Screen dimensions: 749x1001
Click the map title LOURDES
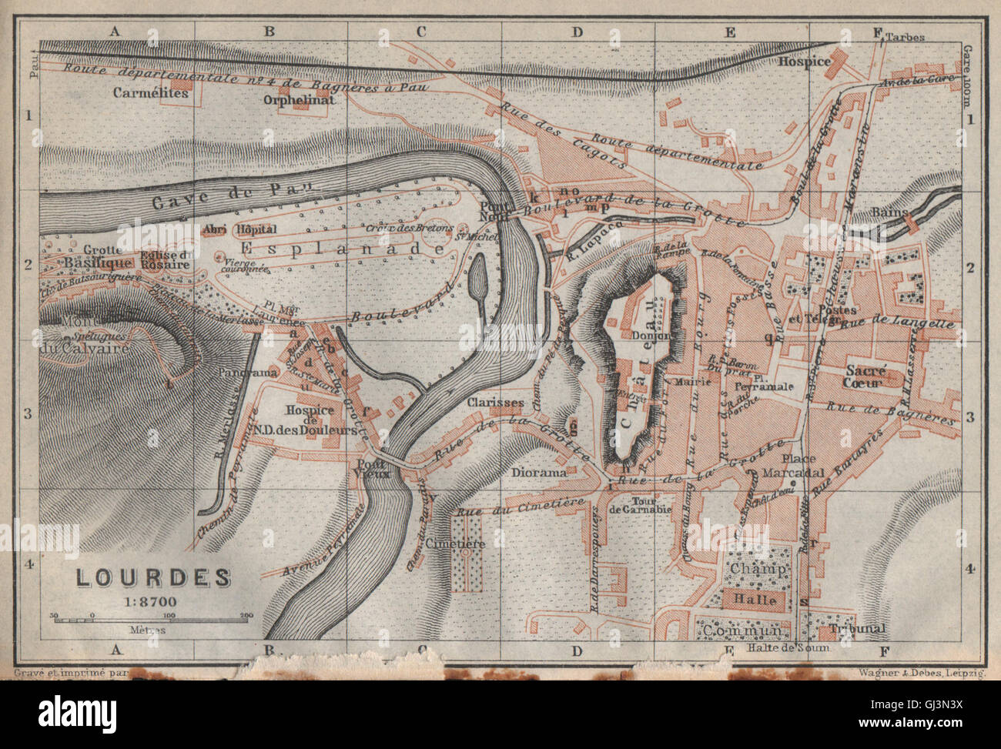(x=152, y=577)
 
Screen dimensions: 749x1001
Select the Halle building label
(x=755, y=600)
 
